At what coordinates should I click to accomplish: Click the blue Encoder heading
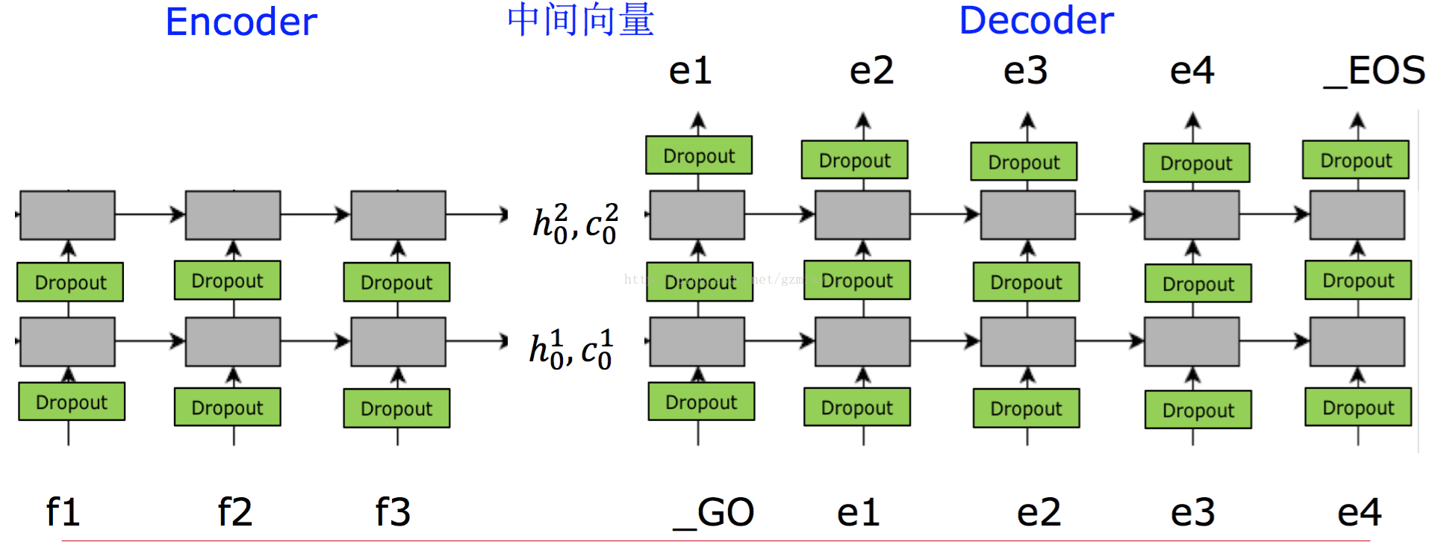click(x=240, y=22)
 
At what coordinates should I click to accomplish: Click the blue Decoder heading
click(x=1036, y=20)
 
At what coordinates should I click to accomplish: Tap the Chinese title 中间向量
click(x=580, y=20)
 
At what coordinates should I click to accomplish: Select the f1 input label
click(x=63, y=512)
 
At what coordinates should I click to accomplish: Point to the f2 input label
click(x=234, y=512)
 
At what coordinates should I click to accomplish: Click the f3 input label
click(x=393, y=512)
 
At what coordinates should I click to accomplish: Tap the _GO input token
click(x=714, y=513)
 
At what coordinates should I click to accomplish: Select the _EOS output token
click(x=1375, y=72)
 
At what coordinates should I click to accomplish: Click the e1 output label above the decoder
click(x=690, y=71)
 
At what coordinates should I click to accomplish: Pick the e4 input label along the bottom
click(x=1359, y=513)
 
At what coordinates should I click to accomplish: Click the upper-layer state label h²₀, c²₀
click(x=574, y=222)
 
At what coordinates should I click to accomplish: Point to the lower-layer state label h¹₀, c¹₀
click(x=570, y=349)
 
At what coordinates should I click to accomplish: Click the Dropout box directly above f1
click(x=72, y=402)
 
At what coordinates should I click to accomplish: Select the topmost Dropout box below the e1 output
click(x=699, y=155)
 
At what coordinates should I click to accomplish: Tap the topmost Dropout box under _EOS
click(x=1356, y=160)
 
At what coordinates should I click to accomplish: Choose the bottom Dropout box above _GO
click(x=701, y=402)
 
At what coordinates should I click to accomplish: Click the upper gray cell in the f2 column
click(x=233, y=215)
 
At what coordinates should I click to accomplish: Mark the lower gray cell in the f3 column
click(x=398, y=341)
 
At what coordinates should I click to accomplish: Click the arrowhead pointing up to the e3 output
click(x=1027, y=119)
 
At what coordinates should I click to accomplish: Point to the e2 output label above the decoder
click(x=871, y=71)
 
